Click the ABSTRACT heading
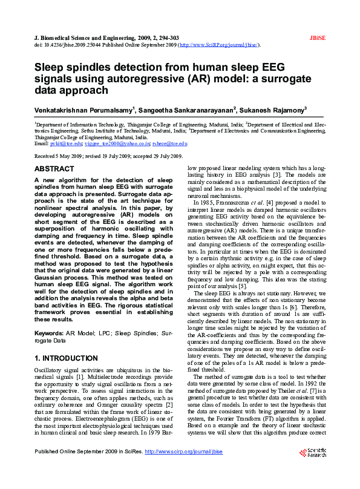54,169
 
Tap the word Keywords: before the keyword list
49,333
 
